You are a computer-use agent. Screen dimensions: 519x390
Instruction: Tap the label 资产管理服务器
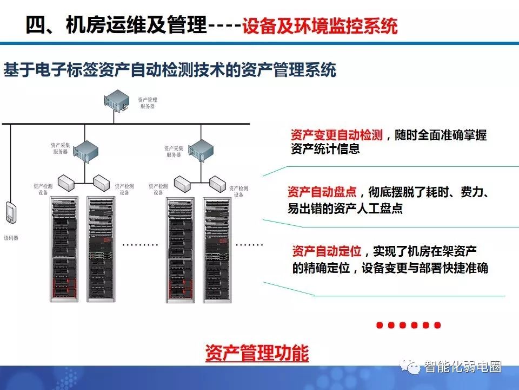coord(147,103)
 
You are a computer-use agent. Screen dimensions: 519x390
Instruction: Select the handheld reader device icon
coord(11,212)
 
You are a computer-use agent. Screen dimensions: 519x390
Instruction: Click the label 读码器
coord(11,238)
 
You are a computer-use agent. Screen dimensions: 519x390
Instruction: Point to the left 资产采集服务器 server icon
coord(85,151)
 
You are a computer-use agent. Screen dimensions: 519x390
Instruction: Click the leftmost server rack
coord(64,249)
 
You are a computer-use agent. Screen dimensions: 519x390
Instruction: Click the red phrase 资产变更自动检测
coord(337,135)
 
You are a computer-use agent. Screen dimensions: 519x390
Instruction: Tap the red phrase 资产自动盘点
coord(322,192)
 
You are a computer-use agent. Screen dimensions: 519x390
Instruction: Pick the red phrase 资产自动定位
coord(327,251)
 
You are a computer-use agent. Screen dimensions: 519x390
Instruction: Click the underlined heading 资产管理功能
coord(257,353)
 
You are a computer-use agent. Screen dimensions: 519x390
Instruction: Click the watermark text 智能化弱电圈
coord(463,367)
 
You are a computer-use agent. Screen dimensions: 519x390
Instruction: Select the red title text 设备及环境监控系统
coord(320,26)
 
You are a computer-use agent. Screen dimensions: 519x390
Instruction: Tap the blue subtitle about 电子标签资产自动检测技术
coord(170,70)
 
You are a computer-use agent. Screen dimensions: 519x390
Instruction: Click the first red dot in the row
coord(380,325)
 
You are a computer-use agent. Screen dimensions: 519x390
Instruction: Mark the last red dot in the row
coord(437,325)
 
